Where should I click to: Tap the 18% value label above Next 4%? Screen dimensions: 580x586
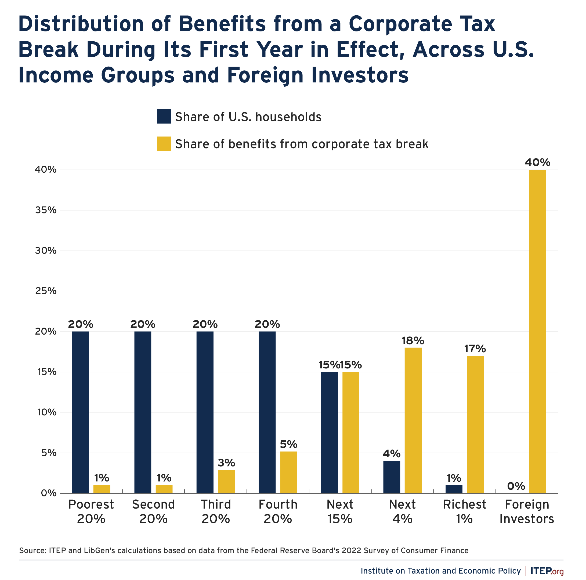coord(413,341)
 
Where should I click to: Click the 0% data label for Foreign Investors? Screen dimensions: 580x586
coord(516,486)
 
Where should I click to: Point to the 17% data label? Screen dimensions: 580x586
coord(475,349)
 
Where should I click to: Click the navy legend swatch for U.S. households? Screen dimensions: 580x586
coord(164,117)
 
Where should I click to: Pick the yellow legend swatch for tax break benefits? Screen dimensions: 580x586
coord(164,144)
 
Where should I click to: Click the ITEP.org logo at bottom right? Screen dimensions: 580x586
coord(547,571)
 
